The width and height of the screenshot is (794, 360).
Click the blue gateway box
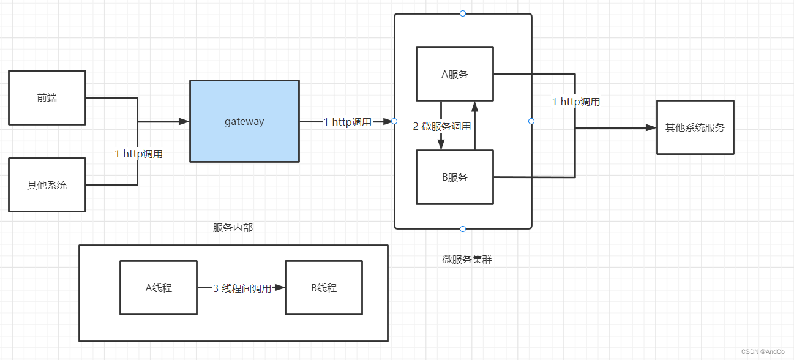pos(244,121)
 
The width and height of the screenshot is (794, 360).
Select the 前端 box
pos(47,98)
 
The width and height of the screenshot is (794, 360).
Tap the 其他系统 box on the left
pos(47,185)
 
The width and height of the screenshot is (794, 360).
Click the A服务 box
pos(454,74)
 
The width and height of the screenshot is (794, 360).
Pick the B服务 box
pos(454,178)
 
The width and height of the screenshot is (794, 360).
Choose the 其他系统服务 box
pos(695,127)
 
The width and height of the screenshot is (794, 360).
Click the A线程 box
pos(159,288)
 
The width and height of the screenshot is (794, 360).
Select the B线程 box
pos(324,288)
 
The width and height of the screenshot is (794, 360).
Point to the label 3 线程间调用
pos(242,288)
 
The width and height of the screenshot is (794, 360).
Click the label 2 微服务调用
pos(442,127)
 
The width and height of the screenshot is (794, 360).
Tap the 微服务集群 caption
pos(466,259)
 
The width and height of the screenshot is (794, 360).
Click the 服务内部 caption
pos(233,228)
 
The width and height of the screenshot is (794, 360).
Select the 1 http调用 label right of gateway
pos(347,122)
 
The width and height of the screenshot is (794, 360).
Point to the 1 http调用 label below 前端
pos(139,154)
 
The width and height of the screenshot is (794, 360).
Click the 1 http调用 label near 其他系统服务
pos(576,102)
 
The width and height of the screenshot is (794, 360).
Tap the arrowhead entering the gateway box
pos(184,122)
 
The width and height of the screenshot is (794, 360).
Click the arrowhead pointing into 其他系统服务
pos(651,127)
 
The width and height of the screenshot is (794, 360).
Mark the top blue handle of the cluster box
pos(463,13)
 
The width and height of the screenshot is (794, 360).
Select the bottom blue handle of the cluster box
pos(463,229)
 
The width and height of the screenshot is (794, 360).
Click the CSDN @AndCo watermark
pos(763,351)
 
